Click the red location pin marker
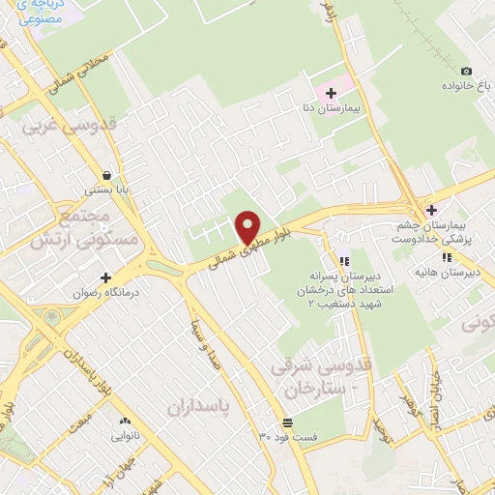248,227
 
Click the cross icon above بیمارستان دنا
332,94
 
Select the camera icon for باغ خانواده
466,71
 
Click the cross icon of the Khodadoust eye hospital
431,210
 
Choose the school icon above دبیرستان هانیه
446,257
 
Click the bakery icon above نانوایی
125,422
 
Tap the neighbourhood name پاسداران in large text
202,407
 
